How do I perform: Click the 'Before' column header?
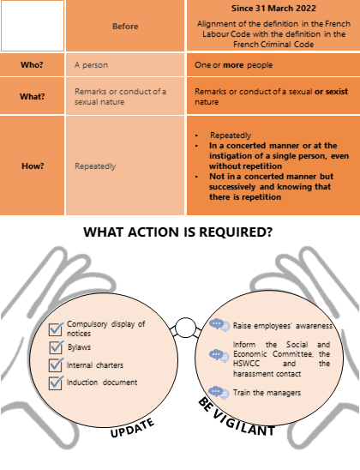pyautogui.click(x=125, y=27)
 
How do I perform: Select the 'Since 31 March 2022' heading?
pyautogui.click(x=273, y=9)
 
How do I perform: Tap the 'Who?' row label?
pyautogui.click(x=32, y=64)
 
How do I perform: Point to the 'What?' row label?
pyautogui.click(x=32, y=97)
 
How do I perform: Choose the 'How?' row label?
pyautogui.click(x=33, y=166)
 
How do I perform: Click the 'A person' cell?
pyautogui.click(x=91, y=65)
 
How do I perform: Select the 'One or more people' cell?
pyautogui.click(x=234, y=65)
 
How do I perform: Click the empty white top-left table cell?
pyautogui.click(x=33, y=26)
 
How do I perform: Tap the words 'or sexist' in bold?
pyautogui.click(x=331, y=92)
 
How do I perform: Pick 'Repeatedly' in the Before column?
pyautogui.click(x=95, y=166)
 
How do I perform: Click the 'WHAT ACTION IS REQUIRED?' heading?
pyautogui.click(x=178, y=232)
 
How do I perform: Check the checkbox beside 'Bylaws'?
pyautogui.click(x=56, y=347)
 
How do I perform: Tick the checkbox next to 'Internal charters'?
pyautogui.click(x=56, y=365)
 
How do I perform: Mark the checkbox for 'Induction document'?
pyautogui.click(x=56, y=383)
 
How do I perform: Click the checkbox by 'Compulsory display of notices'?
pyautogui.click(x=56, y=328)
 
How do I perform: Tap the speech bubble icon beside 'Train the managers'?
pyautogui.click(x=219, y=393)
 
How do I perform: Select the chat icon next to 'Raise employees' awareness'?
pyautogui.click(x=219, y=326)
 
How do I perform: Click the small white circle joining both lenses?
pyautogui.click(x=185, y=328)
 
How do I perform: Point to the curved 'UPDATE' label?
pyautogui.click(x=132, y=428)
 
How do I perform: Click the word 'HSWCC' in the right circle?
pyautogui.click(x=247, y=364)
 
